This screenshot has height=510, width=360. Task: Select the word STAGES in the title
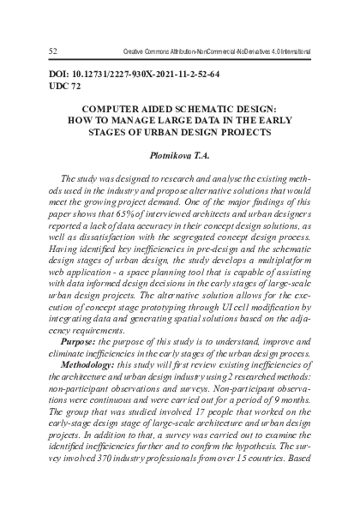(123, 134)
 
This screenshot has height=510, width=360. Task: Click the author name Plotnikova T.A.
(179, 156)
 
